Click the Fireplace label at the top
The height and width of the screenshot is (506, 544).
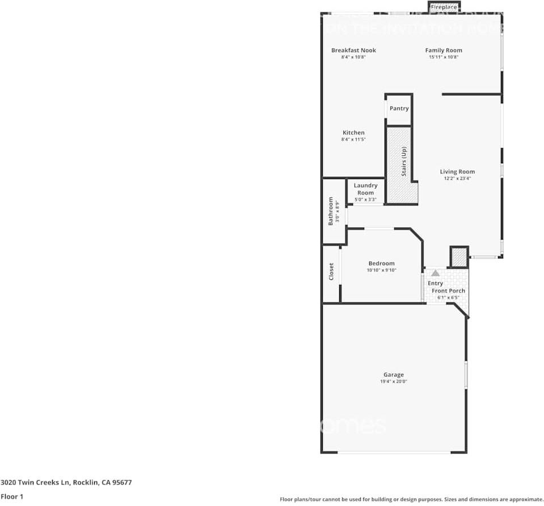tap(444, 7)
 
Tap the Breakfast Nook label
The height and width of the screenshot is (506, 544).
tap(353, 50)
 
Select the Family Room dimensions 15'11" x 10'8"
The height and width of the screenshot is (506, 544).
tap(443, 57)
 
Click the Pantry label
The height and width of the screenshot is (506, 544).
tap(399, 108)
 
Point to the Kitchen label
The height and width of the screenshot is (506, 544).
tap(353, 133)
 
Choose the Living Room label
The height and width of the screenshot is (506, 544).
tap(457, 172)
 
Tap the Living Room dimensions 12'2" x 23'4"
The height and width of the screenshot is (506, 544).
tap(457, 178)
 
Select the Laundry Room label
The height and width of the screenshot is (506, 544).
tap(365, 189)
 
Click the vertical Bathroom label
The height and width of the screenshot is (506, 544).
tap(331, 211)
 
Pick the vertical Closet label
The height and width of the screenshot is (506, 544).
tap(331, 271)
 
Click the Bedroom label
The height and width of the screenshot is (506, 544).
tap(381, 263)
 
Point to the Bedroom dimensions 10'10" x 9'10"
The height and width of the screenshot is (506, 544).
tap(381, 270)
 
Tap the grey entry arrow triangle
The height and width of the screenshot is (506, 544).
tap(435, 273)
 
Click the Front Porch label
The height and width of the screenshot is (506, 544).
tap(448, 291)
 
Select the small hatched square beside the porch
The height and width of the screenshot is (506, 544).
tap(458, 257)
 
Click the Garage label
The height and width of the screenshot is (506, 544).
tap(393, 375)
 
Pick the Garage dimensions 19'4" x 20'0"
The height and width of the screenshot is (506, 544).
tap(393, 381)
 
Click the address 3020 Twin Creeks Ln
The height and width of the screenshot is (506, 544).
tap(35, 483)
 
